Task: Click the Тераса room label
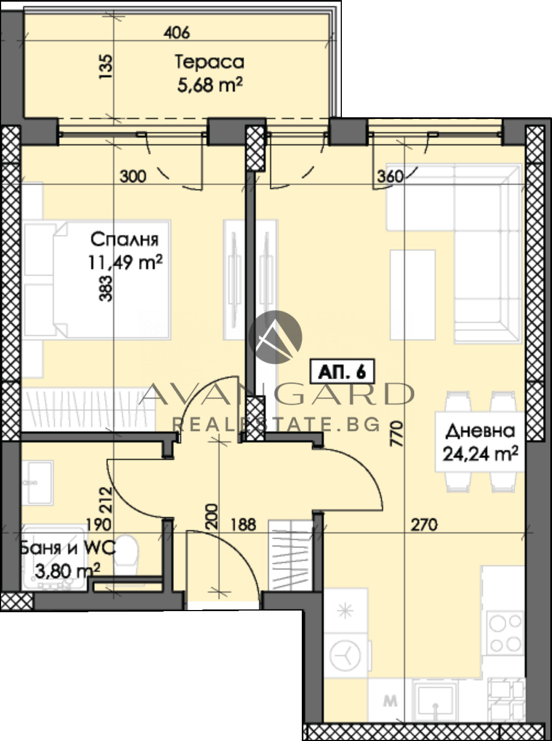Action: (x=210, y=62)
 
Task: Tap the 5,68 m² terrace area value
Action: (x=210, y=85)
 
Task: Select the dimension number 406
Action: (x=177, y=33)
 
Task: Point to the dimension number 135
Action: (x=106, y=67)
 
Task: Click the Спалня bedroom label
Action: (x=125, y=240)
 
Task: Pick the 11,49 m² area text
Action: (x=125, y=263)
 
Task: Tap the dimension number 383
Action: (x=106, y=289)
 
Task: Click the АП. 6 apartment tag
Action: (x=342, y=372)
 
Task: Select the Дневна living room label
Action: (x=480, y=431)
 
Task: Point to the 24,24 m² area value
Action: (x=481, y=454)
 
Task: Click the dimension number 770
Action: (x=397, y=434)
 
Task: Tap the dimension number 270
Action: (x=424, y=525)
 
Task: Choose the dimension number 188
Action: (x=243, y=525)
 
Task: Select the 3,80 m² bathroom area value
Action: (x=67, y=571)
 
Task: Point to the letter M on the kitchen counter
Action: (x=390, y=701)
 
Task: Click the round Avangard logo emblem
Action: (x=275, y=337)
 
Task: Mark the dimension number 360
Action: (x=390, y=176)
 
